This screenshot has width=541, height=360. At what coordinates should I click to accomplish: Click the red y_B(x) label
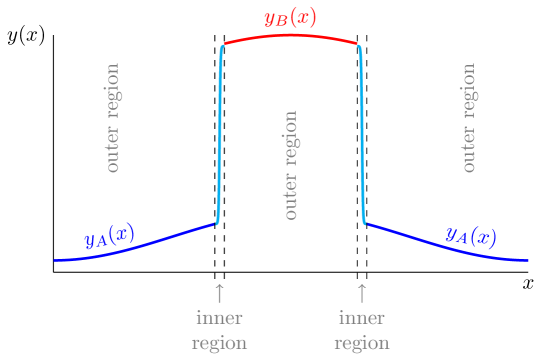coord(290,17)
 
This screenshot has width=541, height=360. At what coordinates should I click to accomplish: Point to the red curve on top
coord(290,35)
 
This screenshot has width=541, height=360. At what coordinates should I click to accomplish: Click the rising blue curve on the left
coord(140,247)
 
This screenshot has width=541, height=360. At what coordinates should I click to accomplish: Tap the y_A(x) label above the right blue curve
coord(469,236)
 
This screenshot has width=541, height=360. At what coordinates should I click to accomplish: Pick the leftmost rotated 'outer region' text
coord(113,118)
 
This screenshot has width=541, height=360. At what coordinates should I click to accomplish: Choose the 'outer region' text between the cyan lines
coord(291,165)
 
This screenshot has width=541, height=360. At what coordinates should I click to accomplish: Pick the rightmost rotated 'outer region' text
coord(469,118)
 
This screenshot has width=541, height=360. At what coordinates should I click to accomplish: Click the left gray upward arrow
coord(220,293)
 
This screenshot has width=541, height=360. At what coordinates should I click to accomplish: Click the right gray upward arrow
coord(362,293)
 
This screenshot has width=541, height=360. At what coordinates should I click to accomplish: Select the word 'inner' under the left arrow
coord(220,319)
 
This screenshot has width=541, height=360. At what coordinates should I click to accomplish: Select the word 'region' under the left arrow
coord(220,343)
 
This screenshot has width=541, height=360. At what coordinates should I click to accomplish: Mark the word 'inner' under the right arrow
coord(362,319)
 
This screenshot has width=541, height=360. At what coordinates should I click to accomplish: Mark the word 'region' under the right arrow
coord(362,343)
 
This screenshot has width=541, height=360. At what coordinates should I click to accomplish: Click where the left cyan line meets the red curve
coord(222,45)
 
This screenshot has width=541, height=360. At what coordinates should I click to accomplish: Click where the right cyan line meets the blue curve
coord(364,223)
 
